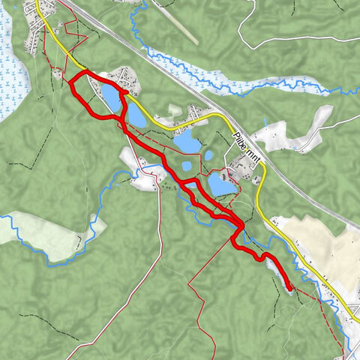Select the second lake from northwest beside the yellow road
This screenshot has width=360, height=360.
[137, 116]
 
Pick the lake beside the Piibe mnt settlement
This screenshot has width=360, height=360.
[220, 182]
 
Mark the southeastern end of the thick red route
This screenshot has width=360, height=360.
[289, 286]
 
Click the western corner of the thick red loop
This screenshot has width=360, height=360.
[72, 82]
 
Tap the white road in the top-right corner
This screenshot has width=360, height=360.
[300, 37]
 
